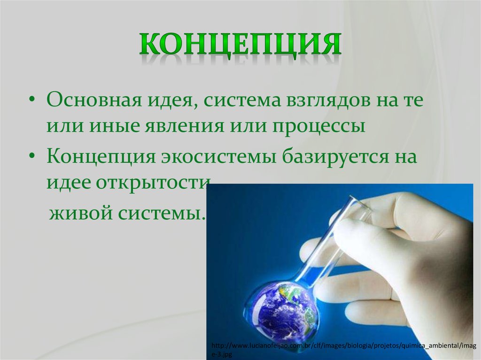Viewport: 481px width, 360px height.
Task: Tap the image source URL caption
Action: pyautogui.click(x=343, y=350)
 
